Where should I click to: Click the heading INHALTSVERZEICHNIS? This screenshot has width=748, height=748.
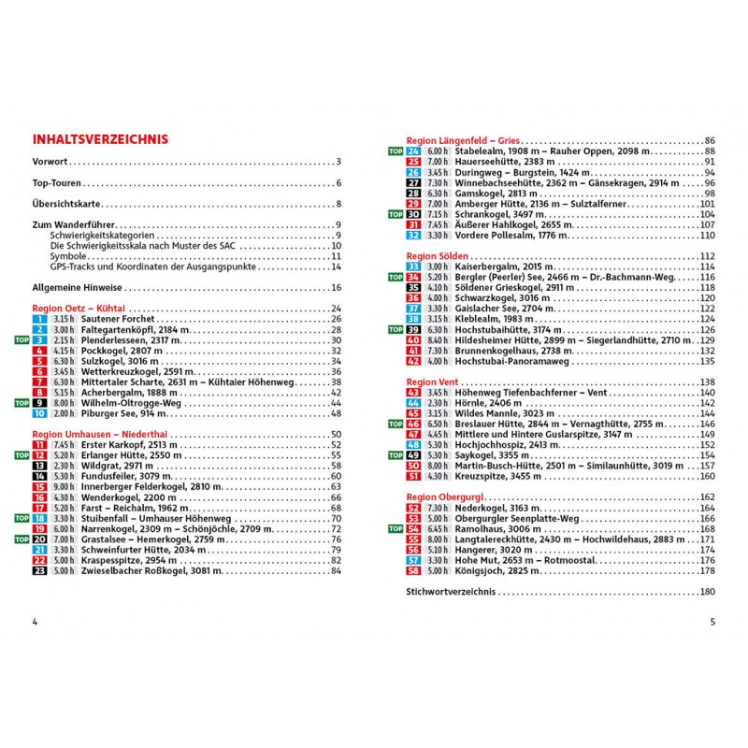coord(100,139)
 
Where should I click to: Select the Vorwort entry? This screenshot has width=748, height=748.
coord(50,162)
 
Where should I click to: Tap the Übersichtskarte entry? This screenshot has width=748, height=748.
coord(66,204)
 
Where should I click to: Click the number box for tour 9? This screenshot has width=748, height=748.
coord(39,403)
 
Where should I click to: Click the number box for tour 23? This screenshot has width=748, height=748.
coord(39,570)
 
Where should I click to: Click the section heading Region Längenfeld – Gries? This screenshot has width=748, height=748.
coord(464,139)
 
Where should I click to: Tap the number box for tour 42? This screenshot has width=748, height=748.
coord(413,361)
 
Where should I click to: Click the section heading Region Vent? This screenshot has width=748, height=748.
coord(433,381)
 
